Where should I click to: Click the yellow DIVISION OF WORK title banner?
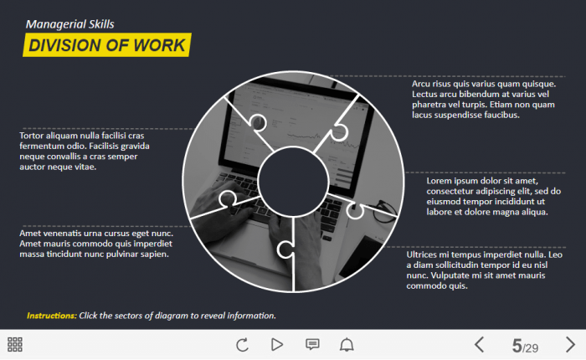tap(107, 45)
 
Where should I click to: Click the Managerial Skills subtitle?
tap(69, 24)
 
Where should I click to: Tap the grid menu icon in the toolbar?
tap(15, 344)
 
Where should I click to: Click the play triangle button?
tap(277, 344)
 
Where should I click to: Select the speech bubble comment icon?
tap(312, 344)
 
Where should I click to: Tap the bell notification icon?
tap(347, 344)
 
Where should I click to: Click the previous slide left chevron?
tap(479, 344)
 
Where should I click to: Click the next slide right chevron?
tap(570, 344)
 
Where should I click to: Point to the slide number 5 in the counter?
tap(517, 346)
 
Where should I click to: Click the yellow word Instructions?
tap(52, 316)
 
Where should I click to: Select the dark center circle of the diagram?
tap(293, 182)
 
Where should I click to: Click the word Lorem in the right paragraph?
tap(439, 181)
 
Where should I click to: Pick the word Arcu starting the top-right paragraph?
tap(421, 84)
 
